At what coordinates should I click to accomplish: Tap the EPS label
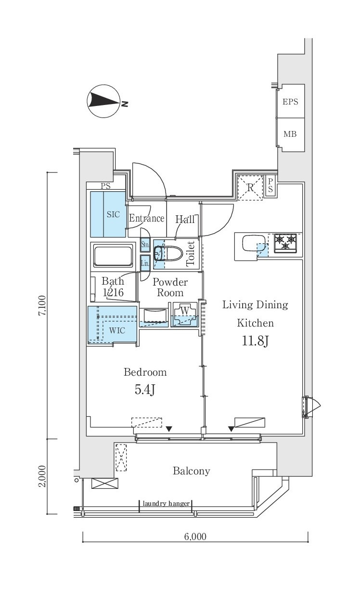coord(290,102)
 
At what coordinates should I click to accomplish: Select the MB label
coord(290,134)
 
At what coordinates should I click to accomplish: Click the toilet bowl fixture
coord(168,254)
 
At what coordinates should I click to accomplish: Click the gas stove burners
coord(285,243)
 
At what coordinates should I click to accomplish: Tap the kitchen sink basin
coord(254,243)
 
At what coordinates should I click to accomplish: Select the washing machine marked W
coord(185,314)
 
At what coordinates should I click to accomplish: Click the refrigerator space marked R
coord(250,187)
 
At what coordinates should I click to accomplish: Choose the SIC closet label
coord(113,214)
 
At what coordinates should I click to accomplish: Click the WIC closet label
coord(117,330)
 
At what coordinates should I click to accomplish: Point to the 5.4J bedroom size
coord(145,389)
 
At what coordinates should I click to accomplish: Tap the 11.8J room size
coord(255,341)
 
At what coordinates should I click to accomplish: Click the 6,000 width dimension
coord(195,536)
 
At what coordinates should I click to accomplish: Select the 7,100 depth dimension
coord(42,306)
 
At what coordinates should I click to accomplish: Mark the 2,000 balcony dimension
coord(42,476)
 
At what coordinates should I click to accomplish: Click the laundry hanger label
coord(166,504)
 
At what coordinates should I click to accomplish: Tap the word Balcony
coord(192,471)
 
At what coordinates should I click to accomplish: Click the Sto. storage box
coord(145,245)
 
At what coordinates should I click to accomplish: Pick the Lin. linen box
coord(145,263)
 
